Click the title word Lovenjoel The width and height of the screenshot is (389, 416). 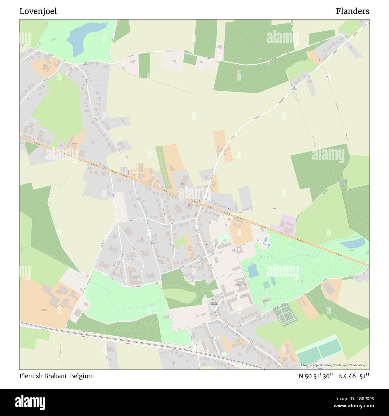38,11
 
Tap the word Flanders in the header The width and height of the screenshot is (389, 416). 352,11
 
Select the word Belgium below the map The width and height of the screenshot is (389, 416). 82,376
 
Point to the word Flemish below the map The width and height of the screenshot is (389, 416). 31,376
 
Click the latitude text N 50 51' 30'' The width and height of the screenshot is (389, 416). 316,376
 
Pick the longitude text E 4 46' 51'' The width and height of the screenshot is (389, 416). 353,376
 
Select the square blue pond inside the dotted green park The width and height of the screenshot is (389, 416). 252,271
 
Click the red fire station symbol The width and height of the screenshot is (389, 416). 206,244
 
